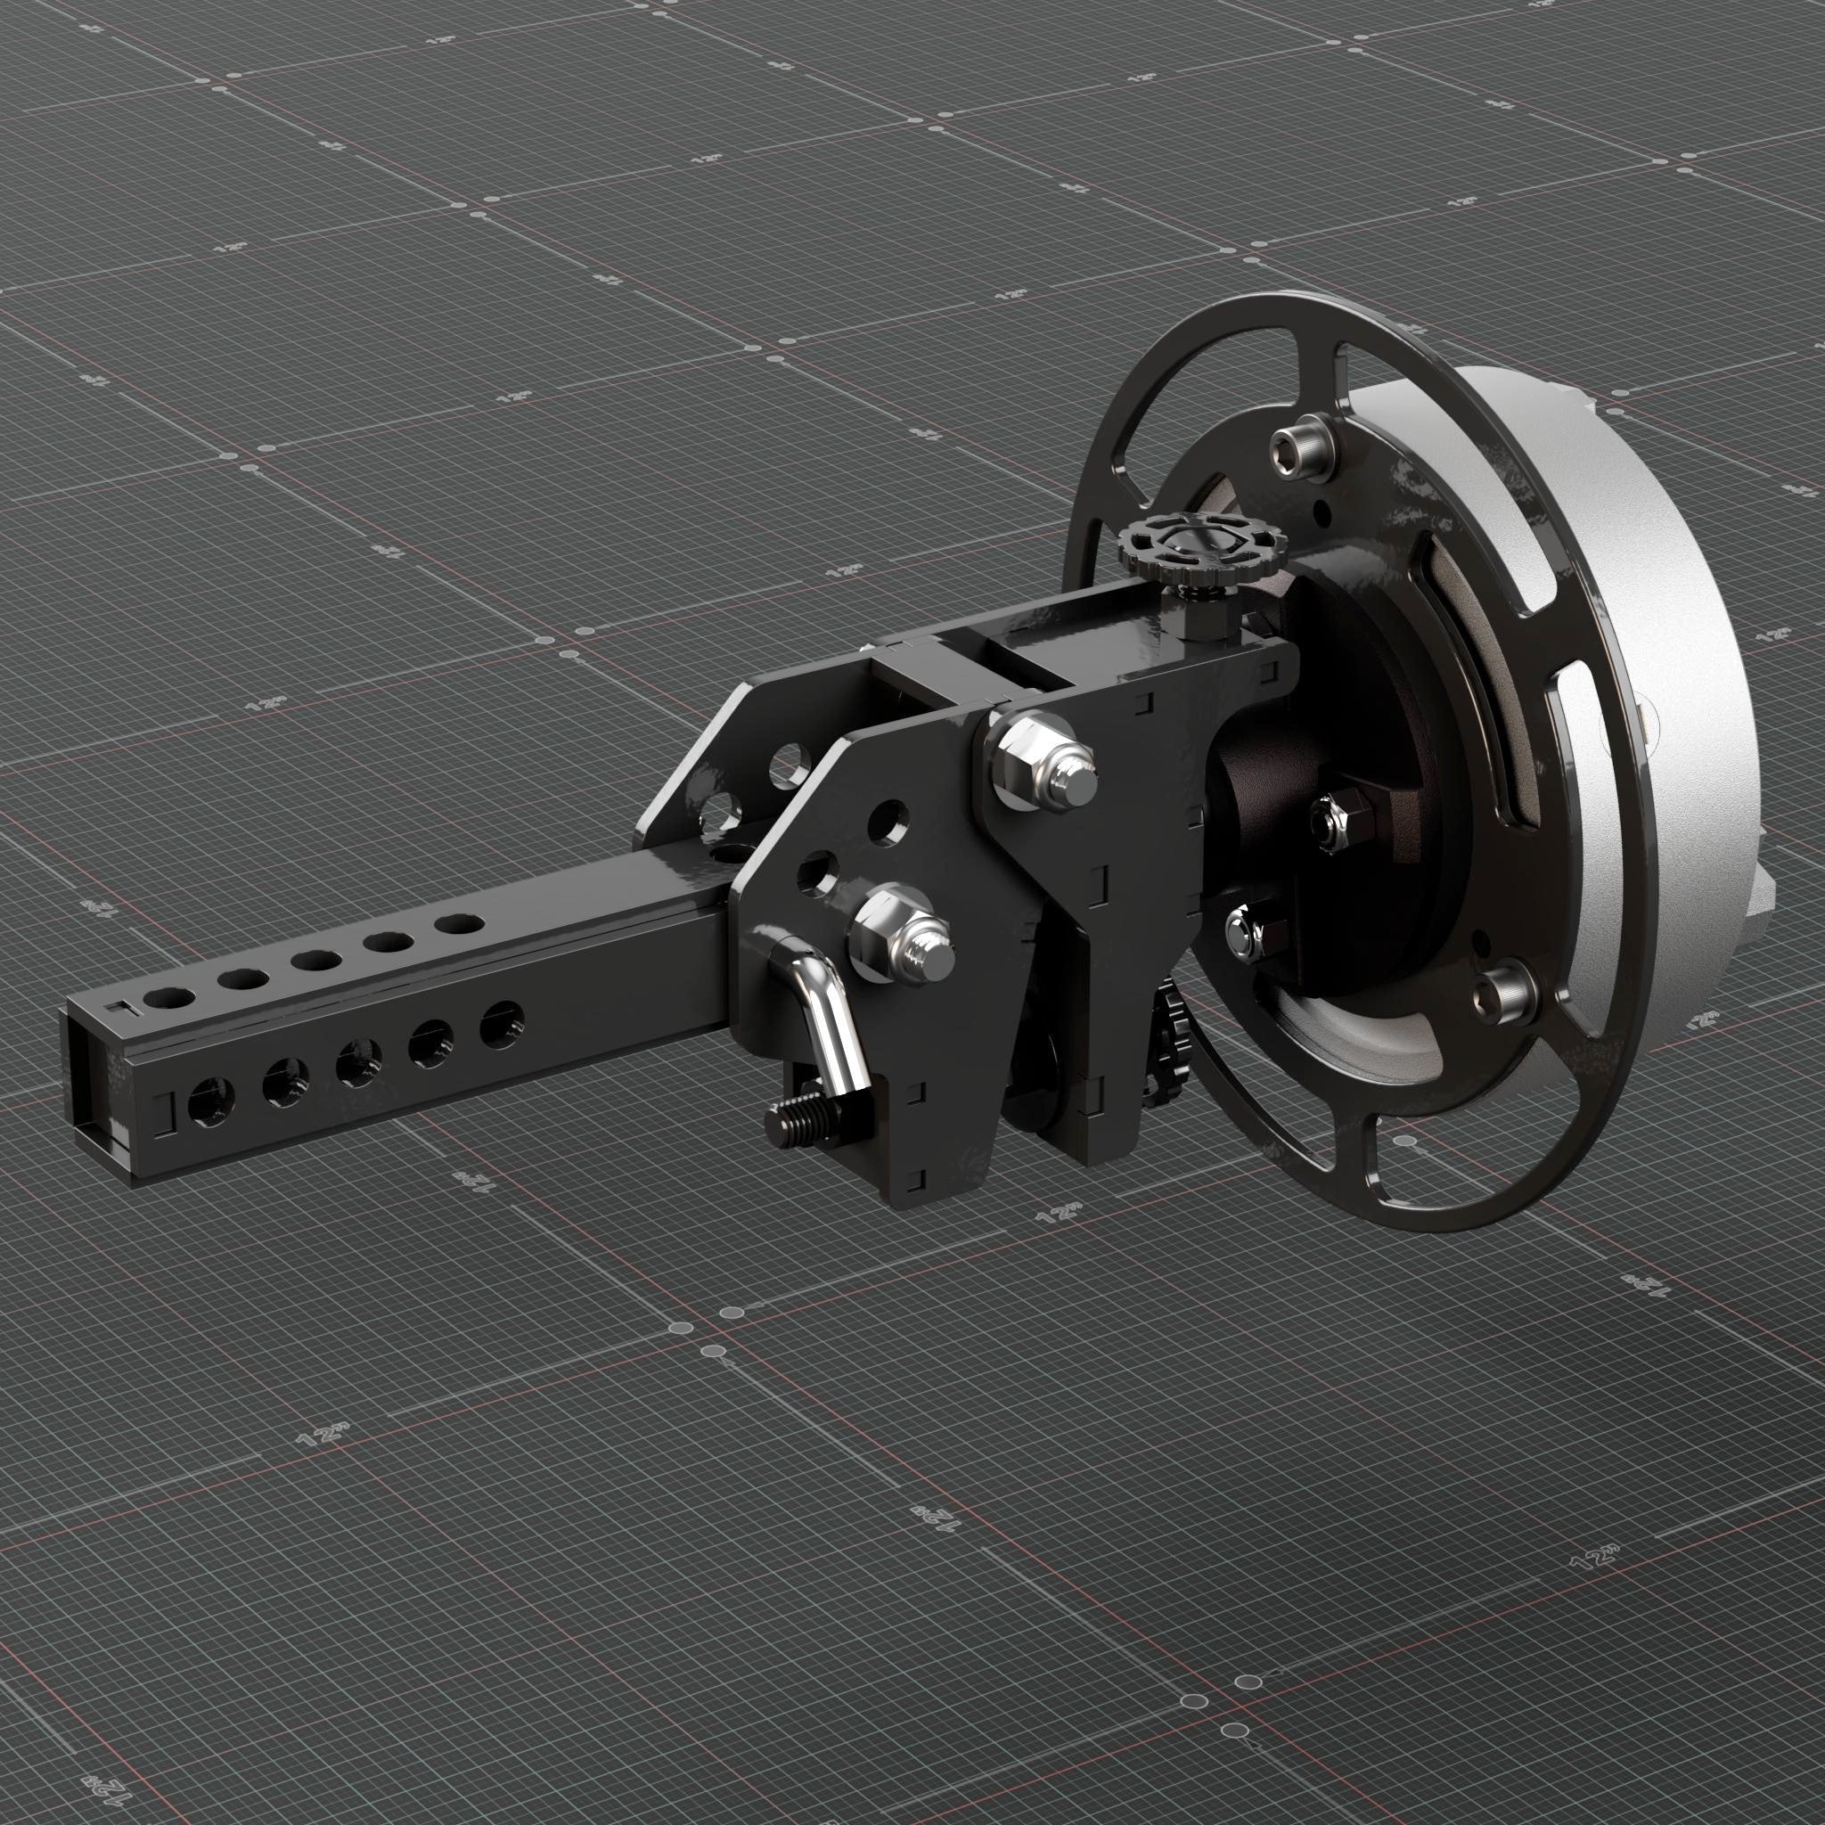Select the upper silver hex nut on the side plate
(x=1035, y=756)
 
